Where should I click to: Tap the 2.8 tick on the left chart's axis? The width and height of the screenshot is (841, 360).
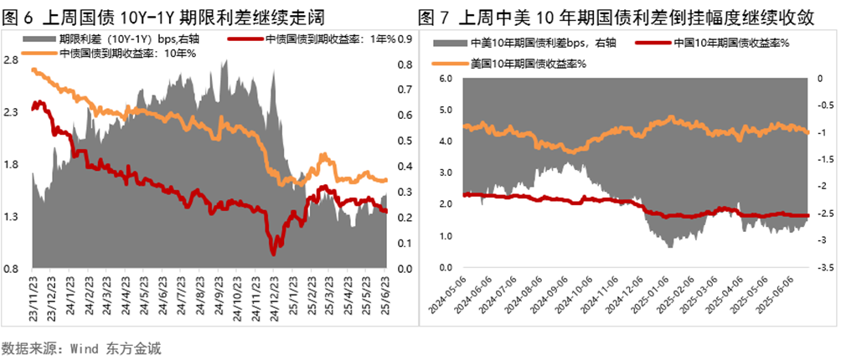12,60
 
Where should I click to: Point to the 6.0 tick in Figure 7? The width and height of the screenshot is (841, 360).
446,78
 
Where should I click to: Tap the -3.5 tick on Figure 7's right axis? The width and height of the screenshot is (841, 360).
823,269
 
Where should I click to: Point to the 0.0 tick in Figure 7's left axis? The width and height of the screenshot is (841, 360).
446,269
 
